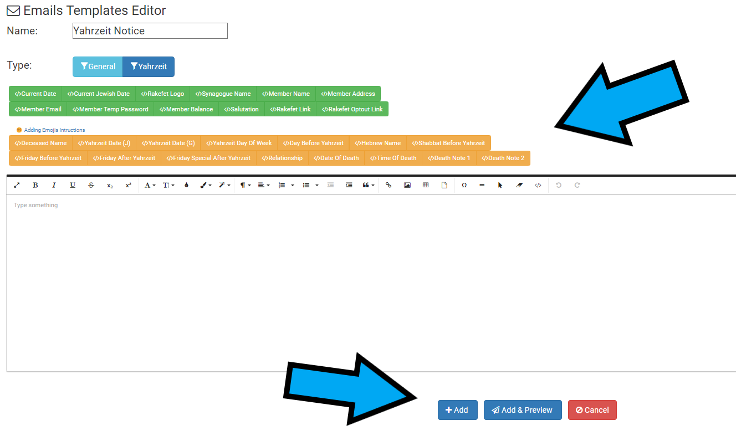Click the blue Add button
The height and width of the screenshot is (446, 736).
click(x=457, y=410)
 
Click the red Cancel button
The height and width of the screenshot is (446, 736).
click(x=592, y=410)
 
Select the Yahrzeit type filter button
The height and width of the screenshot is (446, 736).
click(x=149, y=66)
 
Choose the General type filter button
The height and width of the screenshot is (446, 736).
click(x=98, y=66)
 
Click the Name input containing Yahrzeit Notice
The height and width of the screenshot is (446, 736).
click(x=150, y=31)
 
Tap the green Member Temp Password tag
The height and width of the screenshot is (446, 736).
click(x=110, y=109)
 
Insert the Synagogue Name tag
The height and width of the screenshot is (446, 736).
click(x=223, y=94)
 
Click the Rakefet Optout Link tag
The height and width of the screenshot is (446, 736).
click(x=352, y=109)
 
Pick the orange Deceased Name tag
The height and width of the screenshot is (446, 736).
click(x=40, y=143)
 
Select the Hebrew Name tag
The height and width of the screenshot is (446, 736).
click(x=377, y=143)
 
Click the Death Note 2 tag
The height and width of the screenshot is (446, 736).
click(x=503, y=158)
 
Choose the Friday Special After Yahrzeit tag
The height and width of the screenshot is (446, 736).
click(x=208, y=158)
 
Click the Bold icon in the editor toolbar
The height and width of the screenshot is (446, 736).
click(x=35, y=185)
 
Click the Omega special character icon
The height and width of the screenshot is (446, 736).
click(x=464, y=185)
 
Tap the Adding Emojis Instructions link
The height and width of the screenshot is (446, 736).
click(x=54, y=130)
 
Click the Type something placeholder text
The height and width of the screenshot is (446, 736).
click(x=36, y=206)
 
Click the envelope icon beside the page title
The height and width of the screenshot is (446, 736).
click(x=13, y=11)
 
